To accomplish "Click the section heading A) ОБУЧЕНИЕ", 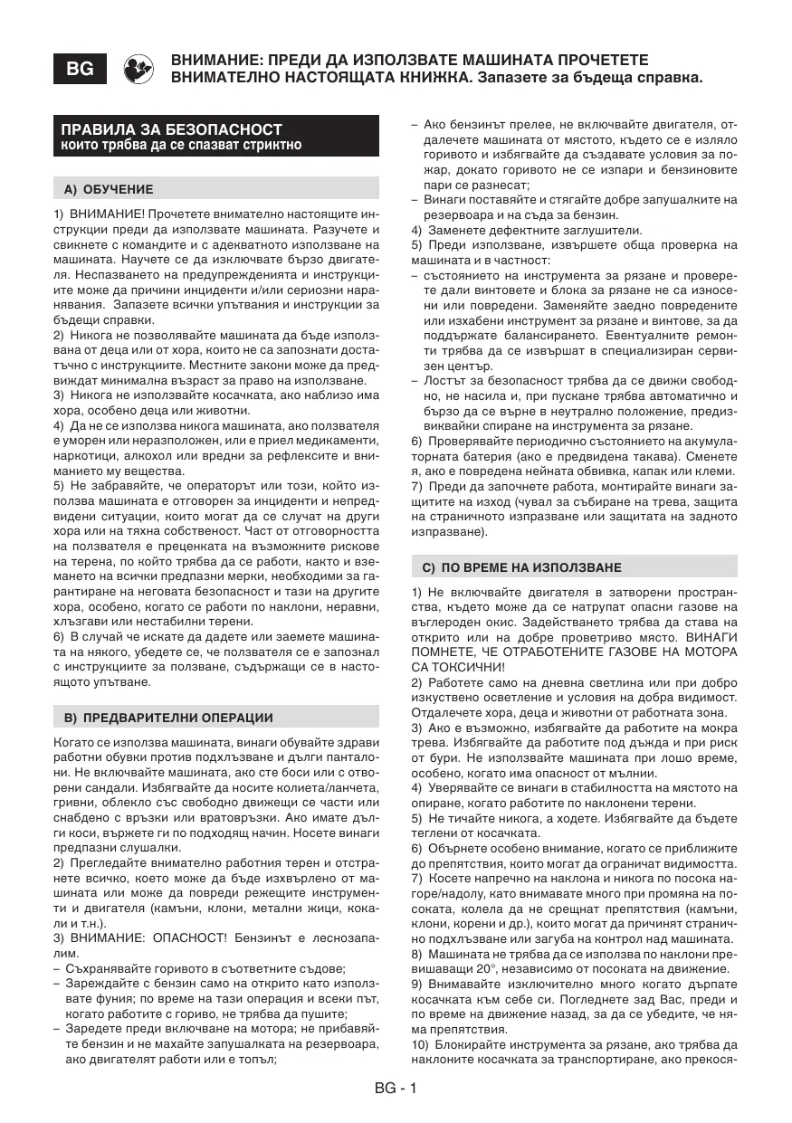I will tap(109, 190).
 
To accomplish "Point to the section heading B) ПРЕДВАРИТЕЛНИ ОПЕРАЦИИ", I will tap(168, 718).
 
